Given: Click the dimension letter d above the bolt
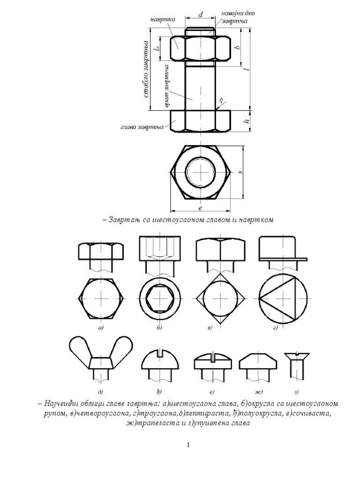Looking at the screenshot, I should [x=201, y=15].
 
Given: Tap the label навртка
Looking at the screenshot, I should [x=163, y=20].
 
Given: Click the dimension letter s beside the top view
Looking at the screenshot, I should [x=240, y=172].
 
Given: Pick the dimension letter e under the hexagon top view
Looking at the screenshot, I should [x=200, y=209].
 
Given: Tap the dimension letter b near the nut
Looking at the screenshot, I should [x=237, y=47].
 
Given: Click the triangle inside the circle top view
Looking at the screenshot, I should [x=277, y=298].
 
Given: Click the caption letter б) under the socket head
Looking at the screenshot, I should [x=159, y=328].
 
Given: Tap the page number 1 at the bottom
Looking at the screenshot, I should [x=188, y=445].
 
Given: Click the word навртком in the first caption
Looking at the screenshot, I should [x=255, y=219].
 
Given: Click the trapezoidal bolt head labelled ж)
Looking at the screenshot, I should [x=257, y=365].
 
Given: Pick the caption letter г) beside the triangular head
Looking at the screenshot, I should [x=277, y=328].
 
